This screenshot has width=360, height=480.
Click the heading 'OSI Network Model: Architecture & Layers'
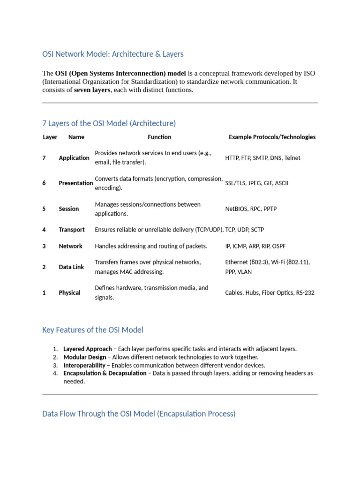[113, 54]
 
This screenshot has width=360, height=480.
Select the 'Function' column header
[159, 137]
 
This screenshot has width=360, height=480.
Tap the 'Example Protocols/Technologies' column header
[272, 137]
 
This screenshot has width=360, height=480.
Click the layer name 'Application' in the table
[74, 158]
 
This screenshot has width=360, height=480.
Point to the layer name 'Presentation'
[75, 183]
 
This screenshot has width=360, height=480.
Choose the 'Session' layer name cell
[69, 209]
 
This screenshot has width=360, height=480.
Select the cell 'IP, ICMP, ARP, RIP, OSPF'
[255, 246]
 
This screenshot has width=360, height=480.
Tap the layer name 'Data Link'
[71, 267]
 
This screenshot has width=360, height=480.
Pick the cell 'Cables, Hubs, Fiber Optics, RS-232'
[270, 293]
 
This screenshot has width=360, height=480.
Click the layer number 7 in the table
[44, 158]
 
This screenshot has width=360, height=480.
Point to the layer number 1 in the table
[44, 293]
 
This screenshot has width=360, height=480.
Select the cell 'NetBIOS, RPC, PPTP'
[251, 209]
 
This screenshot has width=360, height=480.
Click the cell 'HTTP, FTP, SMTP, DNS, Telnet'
[262, 158]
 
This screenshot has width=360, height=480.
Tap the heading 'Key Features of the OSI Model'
[93, 330]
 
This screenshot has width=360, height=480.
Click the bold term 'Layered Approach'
[88, 349]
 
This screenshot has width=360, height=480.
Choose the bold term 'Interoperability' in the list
[85, 365]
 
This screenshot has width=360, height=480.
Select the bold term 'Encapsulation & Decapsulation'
[105, 374]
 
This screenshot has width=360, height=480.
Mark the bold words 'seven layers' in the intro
[92, 90]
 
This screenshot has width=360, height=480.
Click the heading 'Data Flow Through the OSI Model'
[139, 414]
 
